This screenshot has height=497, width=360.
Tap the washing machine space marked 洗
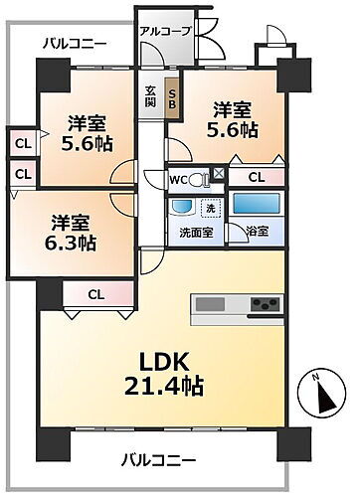tap(210, 208)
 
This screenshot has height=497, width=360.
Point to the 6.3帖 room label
tap(74, 233)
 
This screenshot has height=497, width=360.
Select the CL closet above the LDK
tap(95, 293)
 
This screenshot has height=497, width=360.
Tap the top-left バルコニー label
tap(75, 43)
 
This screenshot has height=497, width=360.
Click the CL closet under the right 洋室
tap(257, 177)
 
